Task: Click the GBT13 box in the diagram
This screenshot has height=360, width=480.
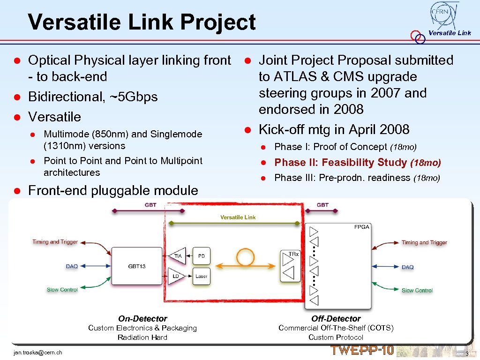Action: click(x=136, y=266)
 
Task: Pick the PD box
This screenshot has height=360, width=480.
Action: click(x=202, y=256)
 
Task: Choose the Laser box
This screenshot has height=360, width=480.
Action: click(x=202, y=276)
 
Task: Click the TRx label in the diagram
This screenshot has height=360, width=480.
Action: click(x=293, y=254)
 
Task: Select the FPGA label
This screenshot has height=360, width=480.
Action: click(x=361, y=227)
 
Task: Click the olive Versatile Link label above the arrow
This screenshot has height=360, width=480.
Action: click(x=238, y=217)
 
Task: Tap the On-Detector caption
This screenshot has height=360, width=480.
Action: click(x=142, y=319)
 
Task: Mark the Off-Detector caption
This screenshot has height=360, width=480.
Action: click(x=336, y=319)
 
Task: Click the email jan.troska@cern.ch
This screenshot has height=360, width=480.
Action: click(x=38, y=352)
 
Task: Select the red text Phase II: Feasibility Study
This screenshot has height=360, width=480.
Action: click(x=341, y=163)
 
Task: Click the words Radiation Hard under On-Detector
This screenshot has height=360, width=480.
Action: click(x=142, y=337)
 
